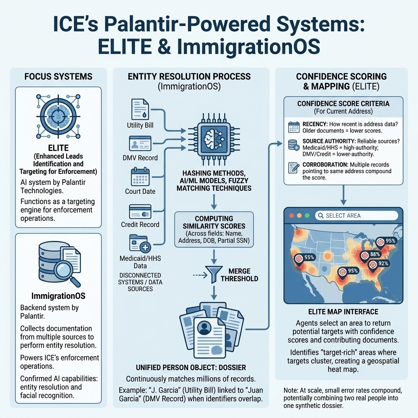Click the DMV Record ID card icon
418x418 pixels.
pyautogui.click(x=140, y=144)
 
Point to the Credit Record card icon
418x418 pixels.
pyautogui.click(x=140, y=211)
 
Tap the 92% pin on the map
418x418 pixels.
pyautogui.click(x=372, y=265)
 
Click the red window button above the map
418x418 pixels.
pyautogui.click(x=291, y=216)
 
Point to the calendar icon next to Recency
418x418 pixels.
pyautogui.click(x=294, y=127)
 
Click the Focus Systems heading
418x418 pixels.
pyautogui.click(x=58, y=76)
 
